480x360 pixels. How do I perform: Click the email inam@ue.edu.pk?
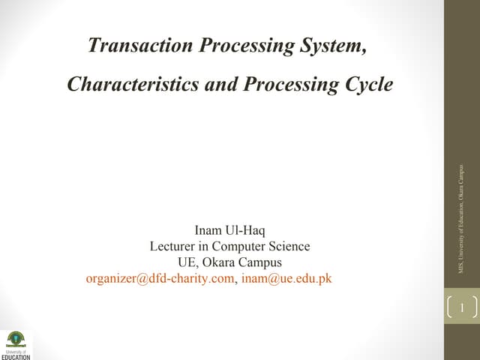286,279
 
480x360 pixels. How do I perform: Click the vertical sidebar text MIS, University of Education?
460,225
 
